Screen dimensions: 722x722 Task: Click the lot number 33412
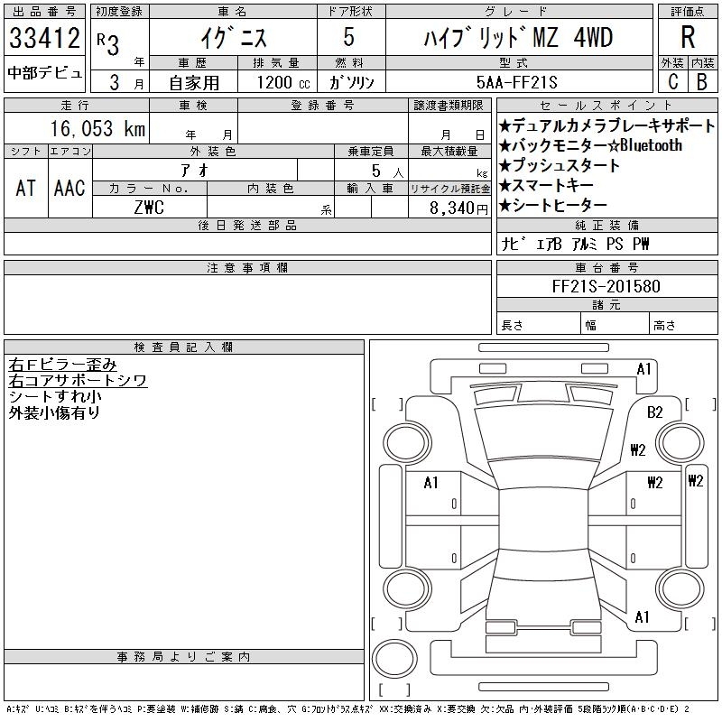tap(44, 37)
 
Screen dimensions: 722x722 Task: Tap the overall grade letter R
tap(688, 37)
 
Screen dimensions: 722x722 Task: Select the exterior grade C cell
tap(672, 81)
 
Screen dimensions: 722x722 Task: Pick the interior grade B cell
tap(702, 81)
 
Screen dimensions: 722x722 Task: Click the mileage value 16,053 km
tap(97, 128)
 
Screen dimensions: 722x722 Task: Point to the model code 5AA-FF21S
tap(516, 82)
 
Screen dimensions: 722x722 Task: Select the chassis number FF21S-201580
tap(606, 286)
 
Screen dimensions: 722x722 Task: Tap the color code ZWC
tap(149, 208)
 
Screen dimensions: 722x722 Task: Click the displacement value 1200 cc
tap(283, 82)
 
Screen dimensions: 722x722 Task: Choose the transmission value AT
tap(25, 188)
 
